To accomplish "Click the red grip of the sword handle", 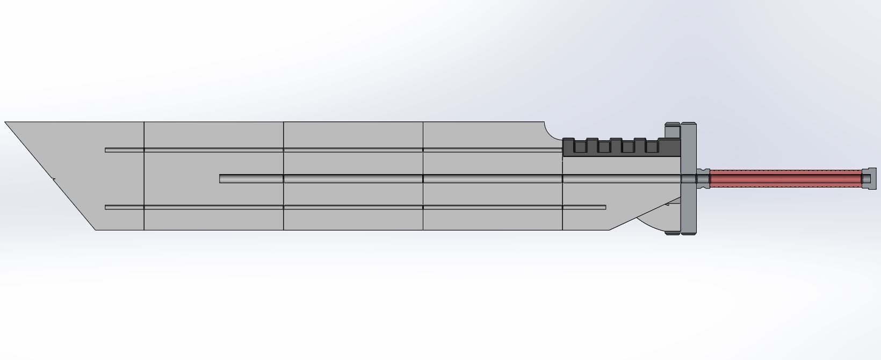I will tap(784, 178).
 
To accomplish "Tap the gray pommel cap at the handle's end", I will tap(868, 178).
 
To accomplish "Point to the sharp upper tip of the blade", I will tap(7, 123).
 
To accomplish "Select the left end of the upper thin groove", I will tap(107, 150).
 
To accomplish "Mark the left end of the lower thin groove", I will tap(107, 207).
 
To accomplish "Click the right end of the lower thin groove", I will tap(604, 207).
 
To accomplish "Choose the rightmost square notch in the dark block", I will tap(652, 146).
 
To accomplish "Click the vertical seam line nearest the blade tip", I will tap(144, 176).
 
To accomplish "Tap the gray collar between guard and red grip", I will tap(703, 178).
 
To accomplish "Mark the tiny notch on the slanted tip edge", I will tap(53, 178).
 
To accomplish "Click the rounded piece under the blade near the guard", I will tap(653, 221).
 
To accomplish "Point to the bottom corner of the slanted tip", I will tap(96, 230).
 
